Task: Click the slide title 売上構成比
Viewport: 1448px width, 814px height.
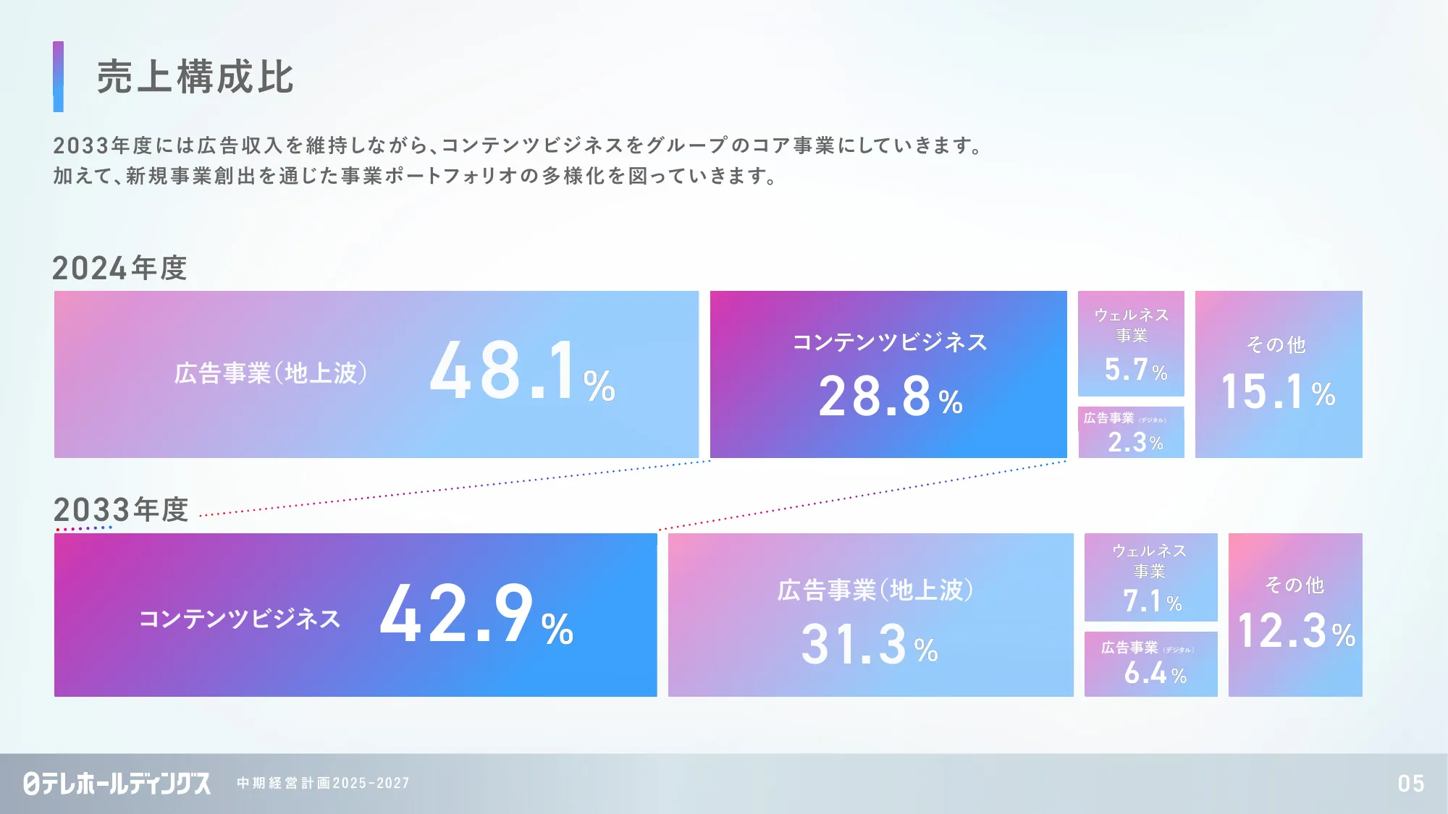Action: coord(195,77)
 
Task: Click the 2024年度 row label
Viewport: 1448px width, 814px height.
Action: coord(119,268)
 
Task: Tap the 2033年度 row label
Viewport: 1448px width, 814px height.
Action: coord(120,509)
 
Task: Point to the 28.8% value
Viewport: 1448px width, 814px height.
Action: coord(891,397)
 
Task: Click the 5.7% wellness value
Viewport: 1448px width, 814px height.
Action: coord(1136,369)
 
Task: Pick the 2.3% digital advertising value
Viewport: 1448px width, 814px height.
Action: coord(1135,442)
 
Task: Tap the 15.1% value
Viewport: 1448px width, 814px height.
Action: coord(1278,391)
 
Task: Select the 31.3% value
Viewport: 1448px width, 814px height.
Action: coord(870,644)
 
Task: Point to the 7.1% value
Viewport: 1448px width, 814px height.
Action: coord(1152,601)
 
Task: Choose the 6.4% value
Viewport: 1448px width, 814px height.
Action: coord(1155,673)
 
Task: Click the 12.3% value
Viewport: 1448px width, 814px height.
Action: coord(1296,630)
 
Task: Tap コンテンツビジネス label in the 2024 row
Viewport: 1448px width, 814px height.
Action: coord(890,342)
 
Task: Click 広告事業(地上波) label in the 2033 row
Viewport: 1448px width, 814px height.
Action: coord(875,590)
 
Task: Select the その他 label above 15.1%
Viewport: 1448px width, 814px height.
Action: coord(1276,344)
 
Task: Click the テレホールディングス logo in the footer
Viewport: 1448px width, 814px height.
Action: coord(117,783)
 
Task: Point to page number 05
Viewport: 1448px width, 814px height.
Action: coord(1411,783)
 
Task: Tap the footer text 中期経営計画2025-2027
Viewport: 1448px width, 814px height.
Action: coord(323,783)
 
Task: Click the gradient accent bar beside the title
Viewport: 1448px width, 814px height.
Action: coord(58,77)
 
